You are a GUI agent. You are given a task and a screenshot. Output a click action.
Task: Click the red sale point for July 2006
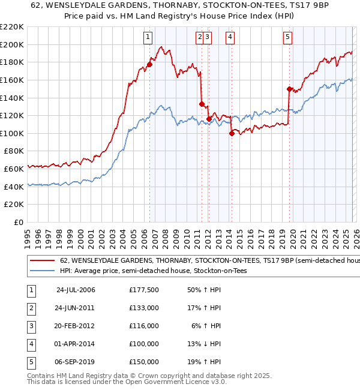[149, 64]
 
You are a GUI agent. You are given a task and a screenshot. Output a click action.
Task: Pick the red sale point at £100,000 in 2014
[231, 133]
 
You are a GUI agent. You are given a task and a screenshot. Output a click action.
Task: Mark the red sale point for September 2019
[289, 89]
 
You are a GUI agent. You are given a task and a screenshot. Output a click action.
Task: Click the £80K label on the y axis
[14, 151]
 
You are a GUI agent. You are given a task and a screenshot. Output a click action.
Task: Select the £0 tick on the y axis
[18, 223]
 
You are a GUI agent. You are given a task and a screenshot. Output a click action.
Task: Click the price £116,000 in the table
[143, 326]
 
